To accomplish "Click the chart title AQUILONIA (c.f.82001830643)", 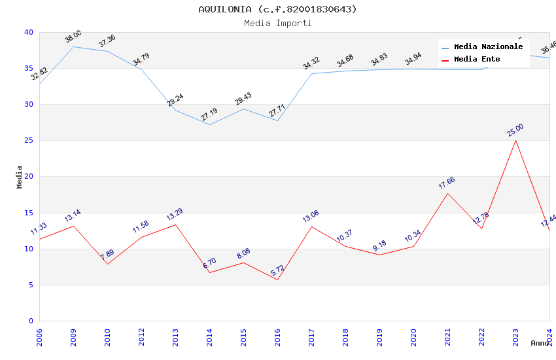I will (x=277, y=9).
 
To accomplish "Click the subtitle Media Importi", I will (x=277, y=23).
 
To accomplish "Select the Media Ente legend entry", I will (x=477, y=59).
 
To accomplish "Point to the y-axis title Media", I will (x=20, y=177).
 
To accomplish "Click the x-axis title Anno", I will (x=540, y=343).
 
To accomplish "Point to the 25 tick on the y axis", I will (x=29, y=140).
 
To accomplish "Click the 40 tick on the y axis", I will (x=29, y=32).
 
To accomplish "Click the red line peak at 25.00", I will (x=515, y=140).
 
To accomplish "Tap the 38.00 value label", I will (x=73, y=37).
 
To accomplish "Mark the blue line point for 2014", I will (x=209, y=124).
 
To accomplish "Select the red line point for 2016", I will (x=277, y=280).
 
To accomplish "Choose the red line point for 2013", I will (x=175, y=225).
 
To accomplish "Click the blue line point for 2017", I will (x=311, y=73).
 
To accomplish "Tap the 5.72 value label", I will (x=277, y=270).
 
